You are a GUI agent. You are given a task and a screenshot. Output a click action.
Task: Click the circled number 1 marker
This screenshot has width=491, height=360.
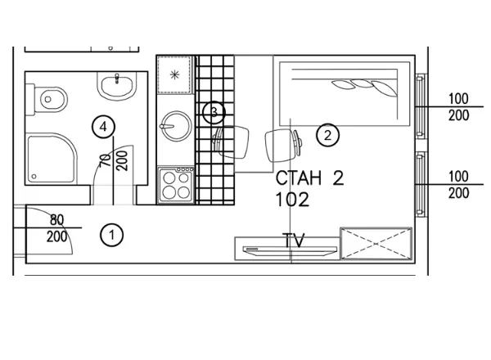(x=112, y=235)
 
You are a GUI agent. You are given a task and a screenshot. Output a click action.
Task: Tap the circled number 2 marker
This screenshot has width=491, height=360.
(x=327, y=136)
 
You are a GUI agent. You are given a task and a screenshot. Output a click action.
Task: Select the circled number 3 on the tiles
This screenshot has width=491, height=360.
(x=214, y=112)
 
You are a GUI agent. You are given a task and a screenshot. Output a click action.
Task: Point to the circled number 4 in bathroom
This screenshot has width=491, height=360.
(x=103, y=127)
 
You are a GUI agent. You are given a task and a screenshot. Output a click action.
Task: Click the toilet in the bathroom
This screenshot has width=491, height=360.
(x=47, y=100)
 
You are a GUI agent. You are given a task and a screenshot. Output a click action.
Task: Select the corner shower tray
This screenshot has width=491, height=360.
(x=52, y=159)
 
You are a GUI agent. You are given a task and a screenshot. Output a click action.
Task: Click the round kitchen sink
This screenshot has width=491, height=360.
(x=176, y=126)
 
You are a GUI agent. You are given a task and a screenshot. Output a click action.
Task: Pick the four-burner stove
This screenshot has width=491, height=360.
(x=176, y=186)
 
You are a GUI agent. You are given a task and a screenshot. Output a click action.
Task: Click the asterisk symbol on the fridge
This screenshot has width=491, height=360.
(x=174, y=74)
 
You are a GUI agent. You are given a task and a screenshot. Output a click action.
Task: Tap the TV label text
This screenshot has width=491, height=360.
(x=294, y=241)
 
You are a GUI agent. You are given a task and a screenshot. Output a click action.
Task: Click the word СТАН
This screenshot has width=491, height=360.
(x=299, y=178)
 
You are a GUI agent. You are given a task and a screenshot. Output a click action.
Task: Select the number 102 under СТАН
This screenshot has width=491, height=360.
(x=292, y=200)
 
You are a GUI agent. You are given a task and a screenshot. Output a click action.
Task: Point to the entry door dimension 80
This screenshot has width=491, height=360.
(x=56, y=220)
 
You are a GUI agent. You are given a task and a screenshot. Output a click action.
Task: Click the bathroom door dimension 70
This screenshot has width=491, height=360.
(x=106, y=160)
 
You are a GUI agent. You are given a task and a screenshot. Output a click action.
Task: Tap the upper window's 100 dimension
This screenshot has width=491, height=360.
(x=458, y=99)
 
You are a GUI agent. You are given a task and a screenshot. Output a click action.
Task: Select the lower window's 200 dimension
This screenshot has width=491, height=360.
(x=458, y=193)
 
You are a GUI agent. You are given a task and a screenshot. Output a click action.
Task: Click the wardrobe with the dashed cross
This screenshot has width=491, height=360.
(x=376, y=244)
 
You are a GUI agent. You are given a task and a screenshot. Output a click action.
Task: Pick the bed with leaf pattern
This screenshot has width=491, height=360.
(x=345, y=94)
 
